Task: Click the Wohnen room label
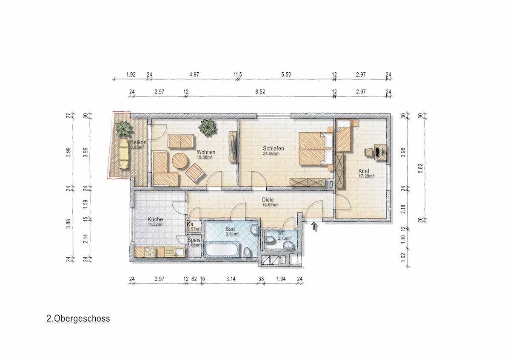[206, 152]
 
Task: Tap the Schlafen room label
[274, 148]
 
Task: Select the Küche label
[155, 219]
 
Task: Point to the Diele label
[268, 200]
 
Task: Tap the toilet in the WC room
[270, 240]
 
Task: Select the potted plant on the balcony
[124, 128]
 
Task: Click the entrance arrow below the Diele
[314, 226]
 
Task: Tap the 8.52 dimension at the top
[260, 92]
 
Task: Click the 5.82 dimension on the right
[421, 167]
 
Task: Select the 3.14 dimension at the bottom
[231, 279]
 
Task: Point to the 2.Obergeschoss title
[78, 318]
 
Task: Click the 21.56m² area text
[271, 153]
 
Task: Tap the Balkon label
[138, 142]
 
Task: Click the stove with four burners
[150, 252]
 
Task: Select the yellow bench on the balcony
[124, 153]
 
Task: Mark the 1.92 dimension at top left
[131, 74]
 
